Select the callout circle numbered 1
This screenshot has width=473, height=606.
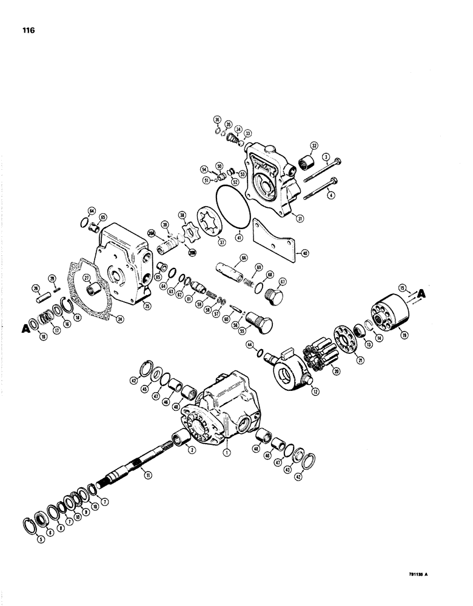pos(227,451)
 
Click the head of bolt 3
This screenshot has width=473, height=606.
pos(338,159)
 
